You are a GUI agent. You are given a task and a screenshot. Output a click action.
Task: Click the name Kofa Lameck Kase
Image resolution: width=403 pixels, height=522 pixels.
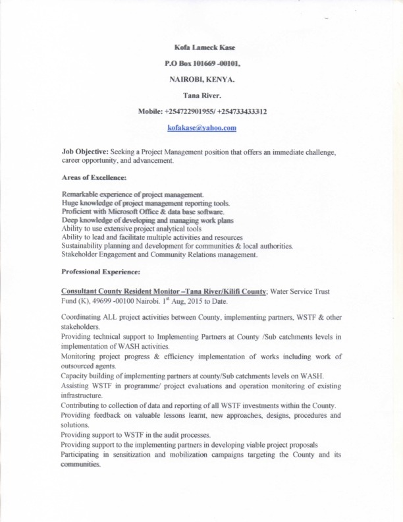click(204, 48)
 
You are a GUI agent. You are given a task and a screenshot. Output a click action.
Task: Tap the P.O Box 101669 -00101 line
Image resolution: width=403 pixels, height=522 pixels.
click(203, 64)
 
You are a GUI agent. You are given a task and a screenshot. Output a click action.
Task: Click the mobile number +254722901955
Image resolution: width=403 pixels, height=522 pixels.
click(187, 112)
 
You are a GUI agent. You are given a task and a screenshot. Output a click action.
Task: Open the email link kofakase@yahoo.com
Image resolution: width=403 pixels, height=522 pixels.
click(202, 128)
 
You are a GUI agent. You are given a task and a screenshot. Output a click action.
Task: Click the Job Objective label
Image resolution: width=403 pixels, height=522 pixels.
click(85, 152)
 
